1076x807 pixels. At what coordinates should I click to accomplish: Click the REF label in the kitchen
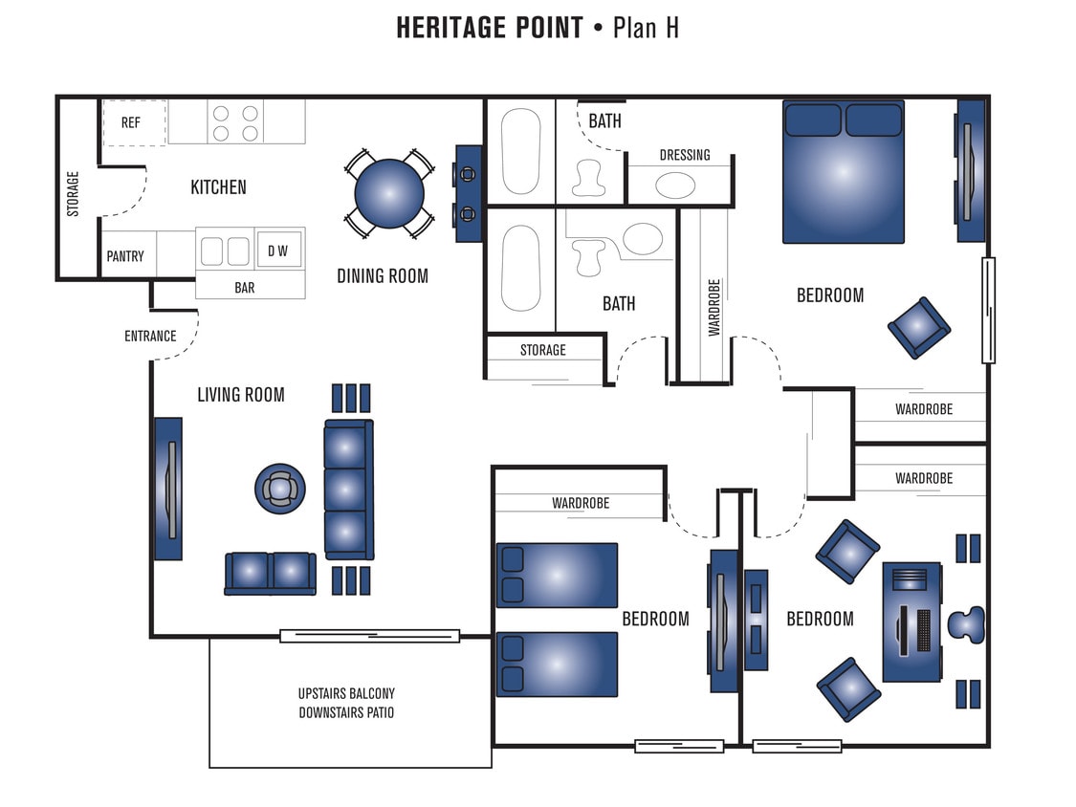click(x=130, y=122)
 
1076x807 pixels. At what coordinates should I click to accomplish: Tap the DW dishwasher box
click(x=277, y=251)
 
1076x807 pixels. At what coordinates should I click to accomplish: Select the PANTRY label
click(x=125, y=256)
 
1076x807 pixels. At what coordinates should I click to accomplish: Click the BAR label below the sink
click(x=245, y=287)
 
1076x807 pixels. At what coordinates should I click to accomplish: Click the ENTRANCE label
click(x=150, y=336)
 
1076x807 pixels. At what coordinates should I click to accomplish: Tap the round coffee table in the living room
click(x=279, y=489)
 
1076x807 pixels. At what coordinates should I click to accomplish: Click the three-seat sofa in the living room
click(x=347, y=489)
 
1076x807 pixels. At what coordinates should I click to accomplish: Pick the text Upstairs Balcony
click(x=346, y=693)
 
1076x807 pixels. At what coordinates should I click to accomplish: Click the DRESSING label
click(x=685, y=155)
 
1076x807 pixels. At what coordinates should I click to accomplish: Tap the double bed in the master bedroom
click(x=843, y=171)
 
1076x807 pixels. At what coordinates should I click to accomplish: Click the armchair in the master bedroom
click(x=918, y=327)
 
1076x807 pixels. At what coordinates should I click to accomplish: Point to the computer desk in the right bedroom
click(x=911, y=622)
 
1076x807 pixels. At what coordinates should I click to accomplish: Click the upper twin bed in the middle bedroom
click(x=557, y=575)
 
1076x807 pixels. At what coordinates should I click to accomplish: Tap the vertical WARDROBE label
click(x=714, y=307)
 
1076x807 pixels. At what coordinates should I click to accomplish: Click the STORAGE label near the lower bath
click(x=543, y=350)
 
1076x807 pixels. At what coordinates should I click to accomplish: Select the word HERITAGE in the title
click(x=490, y=28)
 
